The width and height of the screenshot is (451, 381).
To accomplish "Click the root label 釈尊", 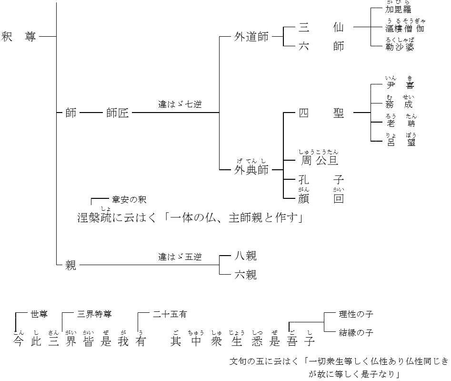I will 19,37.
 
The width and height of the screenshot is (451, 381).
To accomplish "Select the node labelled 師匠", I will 118,113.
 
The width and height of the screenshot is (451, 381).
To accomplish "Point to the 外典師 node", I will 251,170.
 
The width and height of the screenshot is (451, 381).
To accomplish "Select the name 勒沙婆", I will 400,46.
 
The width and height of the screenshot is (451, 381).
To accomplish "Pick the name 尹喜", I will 400,86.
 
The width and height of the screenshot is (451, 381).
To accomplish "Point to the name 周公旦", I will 319,160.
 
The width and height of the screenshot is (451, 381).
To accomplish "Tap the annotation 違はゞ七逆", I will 180,104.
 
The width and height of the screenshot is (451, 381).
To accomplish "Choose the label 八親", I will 246,257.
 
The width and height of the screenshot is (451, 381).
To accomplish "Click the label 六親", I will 246,275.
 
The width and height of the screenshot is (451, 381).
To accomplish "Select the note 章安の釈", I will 132,199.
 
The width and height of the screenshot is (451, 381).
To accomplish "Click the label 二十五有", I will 170,314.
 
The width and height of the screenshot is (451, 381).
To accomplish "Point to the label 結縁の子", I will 356,332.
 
